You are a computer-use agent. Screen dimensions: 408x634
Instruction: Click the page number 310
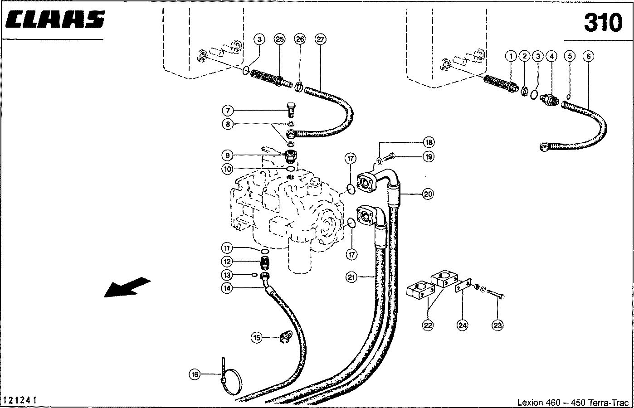pos(602,23)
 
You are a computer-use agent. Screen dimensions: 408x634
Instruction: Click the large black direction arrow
pos(127,287)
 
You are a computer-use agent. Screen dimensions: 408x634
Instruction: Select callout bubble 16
pos(195,374)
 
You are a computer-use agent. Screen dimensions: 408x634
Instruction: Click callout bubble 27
pos(321,39)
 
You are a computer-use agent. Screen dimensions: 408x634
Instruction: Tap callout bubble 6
pos(589,56)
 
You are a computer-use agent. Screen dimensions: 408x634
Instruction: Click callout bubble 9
pos(228,155)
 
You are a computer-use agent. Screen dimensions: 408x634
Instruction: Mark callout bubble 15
pos(257,337)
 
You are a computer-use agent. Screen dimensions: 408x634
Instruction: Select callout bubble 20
pos(428,194)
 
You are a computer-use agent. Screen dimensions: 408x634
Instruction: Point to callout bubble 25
pos(279,39)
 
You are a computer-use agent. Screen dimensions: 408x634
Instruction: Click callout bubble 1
pos(511,56)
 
